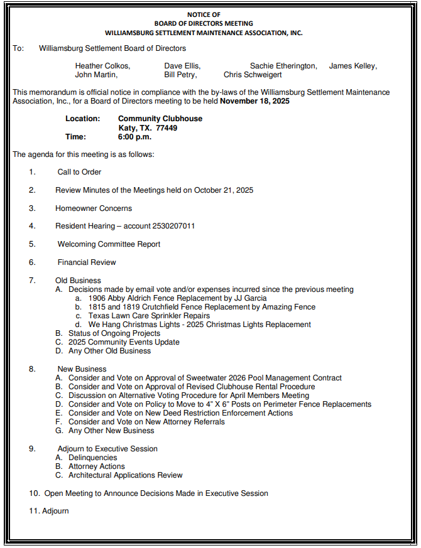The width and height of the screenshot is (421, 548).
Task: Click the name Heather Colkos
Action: tap(102, 66)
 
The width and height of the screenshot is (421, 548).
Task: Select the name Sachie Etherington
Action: tap(283, 66)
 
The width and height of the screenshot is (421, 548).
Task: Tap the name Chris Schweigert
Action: tap(253, 75)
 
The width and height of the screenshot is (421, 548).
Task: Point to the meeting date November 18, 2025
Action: tap(255, 101)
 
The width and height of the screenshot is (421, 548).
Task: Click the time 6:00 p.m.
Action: tap(134, 137)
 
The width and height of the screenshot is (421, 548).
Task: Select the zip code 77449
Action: tap(167, 128)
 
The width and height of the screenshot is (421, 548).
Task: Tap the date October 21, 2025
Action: tap(224, 190)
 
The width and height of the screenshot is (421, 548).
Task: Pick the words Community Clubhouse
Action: tap(160, 119)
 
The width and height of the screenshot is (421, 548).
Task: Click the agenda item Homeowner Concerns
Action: tap(94, 208)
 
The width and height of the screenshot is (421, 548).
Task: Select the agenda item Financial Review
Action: tap(87, 262)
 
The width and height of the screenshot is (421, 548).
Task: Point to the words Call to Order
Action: tap(79, 172)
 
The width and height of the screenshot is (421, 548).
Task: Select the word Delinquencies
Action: tap(93, 458)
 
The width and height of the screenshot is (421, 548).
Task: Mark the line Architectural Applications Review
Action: tap(126, 475)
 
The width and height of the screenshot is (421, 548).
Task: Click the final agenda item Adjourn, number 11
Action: tap(55, 511)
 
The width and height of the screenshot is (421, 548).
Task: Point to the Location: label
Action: tap(82, 119)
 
